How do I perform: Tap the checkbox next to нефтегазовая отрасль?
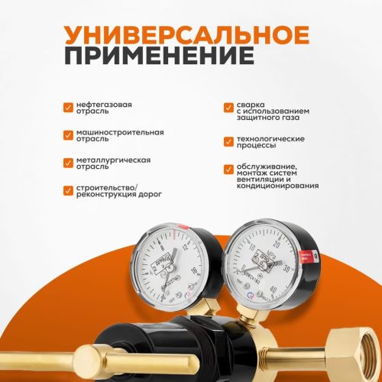(x=68, y=105)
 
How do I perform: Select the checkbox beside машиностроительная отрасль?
(x=68, y=133)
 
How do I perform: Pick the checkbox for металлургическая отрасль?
(x=68, y=160)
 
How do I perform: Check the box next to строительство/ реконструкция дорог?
(x=68, y=188)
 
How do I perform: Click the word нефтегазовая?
(x=103, y=102)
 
